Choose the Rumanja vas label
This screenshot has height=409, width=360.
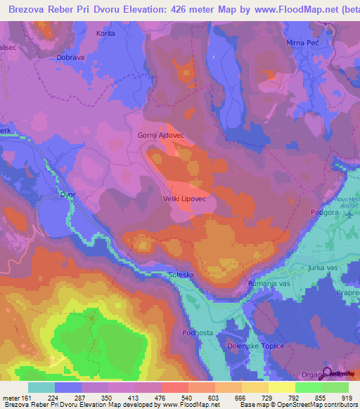[x=270, y=283]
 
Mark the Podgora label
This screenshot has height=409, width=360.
[x=324, y=212]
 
